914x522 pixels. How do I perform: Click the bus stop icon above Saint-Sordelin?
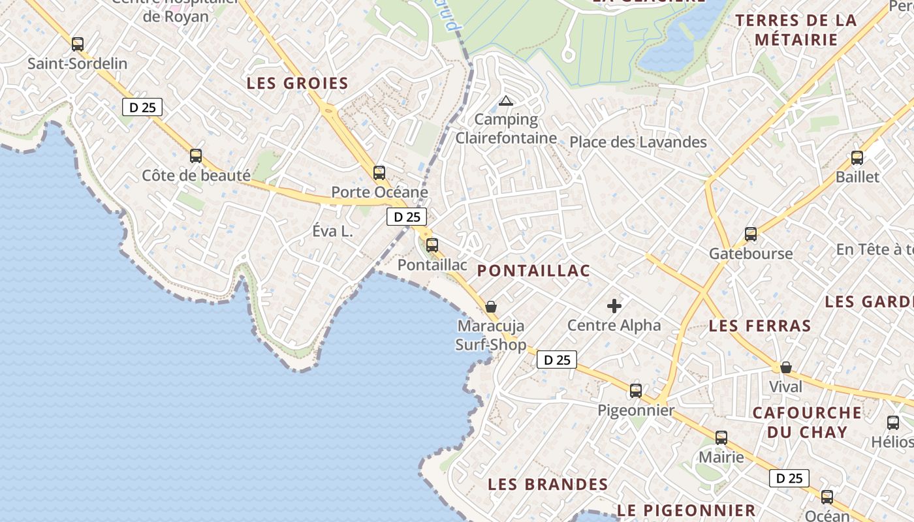coord(78,44)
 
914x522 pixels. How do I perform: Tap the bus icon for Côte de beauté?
coord(196,156)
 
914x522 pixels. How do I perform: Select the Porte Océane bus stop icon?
coord(379,173)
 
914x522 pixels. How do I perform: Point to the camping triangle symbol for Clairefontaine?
coord(505,100)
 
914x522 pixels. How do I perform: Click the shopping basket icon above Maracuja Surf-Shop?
coord(491,307)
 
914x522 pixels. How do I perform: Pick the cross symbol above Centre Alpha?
coord(614,305)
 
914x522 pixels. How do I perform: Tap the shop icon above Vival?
coord(786,367)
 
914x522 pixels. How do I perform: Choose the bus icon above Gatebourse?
coord(751,234)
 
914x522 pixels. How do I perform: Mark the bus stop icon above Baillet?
coord(857,158)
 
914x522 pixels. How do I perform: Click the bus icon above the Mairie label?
coord(721,438)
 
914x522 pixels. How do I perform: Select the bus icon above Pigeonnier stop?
coord(636,391)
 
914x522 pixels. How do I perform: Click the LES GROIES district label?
coord(297,84)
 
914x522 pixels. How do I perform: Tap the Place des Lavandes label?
coord(638,142)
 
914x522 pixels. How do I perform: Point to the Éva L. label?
coord(332,231)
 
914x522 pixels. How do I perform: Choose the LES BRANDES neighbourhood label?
coord(548,485)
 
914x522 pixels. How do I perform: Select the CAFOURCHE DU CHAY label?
coord(807,422)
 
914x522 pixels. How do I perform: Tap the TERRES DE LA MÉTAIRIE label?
coord(796,30)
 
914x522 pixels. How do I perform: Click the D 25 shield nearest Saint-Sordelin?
coord(142,107)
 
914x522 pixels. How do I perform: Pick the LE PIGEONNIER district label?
coord(685,510)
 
